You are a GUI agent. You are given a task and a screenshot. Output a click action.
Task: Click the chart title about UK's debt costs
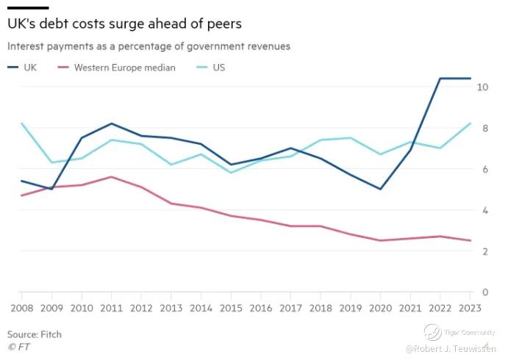click(124, 24)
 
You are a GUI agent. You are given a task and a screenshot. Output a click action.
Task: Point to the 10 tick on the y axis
click(483, 87)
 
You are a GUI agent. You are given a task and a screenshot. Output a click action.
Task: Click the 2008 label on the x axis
click(21, 306)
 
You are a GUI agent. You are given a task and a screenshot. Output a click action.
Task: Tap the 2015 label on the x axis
click(232, 306)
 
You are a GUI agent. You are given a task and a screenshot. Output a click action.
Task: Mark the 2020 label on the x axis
click(382, 306)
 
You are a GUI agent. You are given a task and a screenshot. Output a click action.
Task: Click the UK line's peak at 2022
click(440, 78)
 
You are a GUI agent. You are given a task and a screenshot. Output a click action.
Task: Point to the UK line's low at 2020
click(381, 189)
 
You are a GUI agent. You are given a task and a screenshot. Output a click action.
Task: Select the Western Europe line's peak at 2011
click(110, 176)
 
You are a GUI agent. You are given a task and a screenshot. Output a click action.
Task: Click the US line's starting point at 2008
click(21, 123)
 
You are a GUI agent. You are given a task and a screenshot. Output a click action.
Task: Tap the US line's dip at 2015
click(231, 173)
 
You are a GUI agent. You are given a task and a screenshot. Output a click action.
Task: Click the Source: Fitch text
click(35, 334)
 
